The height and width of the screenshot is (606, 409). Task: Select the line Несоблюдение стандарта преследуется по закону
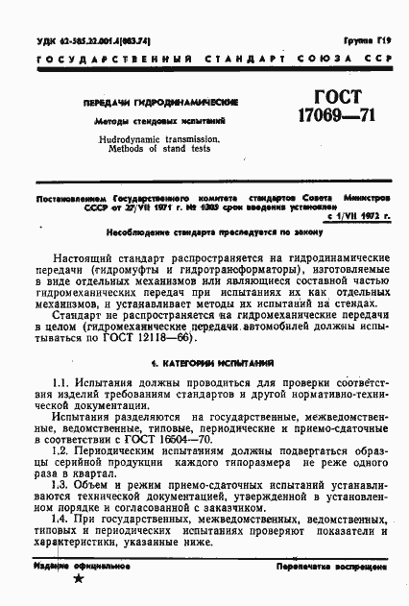(204, 233)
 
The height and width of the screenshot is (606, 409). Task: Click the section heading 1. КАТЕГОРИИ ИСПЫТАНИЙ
(204, 337)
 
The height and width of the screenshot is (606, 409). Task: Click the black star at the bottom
(79, 578)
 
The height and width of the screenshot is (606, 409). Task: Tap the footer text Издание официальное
(75, 567)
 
